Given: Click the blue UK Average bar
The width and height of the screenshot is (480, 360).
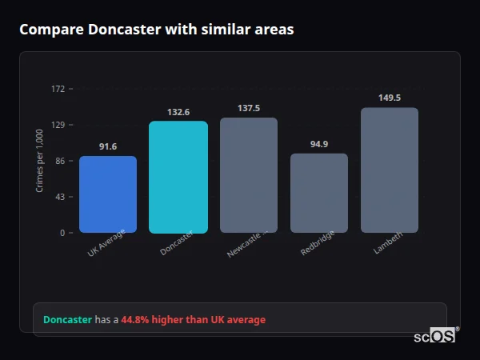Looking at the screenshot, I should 108,194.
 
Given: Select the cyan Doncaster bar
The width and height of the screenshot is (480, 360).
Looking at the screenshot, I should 178,177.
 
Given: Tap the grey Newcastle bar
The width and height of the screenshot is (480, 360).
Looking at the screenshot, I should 249,175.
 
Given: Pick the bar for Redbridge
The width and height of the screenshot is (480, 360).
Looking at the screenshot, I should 319,193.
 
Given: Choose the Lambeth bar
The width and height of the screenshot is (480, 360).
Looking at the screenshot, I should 390,170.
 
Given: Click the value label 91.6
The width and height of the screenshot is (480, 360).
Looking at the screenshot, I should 108,146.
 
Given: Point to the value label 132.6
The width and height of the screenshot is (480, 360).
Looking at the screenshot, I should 178,112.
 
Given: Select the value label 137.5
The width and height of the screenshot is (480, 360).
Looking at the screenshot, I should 249,108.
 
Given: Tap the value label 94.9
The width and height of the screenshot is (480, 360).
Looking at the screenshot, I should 319,144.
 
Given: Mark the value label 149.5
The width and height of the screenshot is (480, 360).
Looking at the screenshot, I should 390,98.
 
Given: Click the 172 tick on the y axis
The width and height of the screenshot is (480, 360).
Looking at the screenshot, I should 58,89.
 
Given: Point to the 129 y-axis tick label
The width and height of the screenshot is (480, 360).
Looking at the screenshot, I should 58,125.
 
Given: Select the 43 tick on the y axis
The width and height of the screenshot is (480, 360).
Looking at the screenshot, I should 59,197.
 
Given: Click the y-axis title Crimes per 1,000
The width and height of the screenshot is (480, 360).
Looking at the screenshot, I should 39,161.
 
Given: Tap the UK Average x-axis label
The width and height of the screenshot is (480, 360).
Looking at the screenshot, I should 107,243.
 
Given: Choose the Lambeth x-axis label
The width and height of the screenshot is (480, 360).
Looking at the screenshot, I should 389,243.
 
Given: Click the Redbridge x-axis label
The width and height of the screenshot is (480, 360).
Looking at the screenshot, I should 318,243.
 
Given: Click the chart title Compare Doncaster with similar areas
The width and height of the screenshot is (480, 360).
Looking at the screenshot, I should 156,30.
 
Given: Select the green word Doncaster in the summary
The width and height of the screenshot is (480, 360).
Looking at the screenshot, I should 67,320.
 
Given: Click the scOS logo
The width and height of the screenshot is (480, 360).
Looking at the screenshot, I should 435,337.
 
